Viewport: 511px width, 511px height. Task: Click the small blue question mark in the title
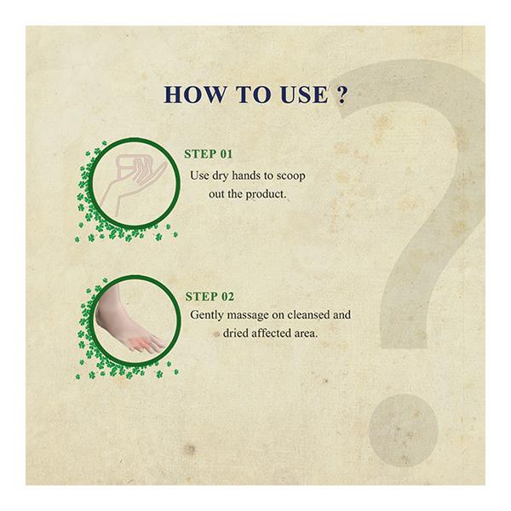341,95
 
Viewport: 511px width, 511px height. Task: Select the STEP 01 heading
209,155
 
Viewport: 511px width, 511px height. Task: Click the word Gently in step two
208,315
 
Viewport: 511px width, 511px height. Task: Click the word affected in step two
263,333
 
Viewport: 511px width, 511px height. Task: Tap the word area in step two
303,333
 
